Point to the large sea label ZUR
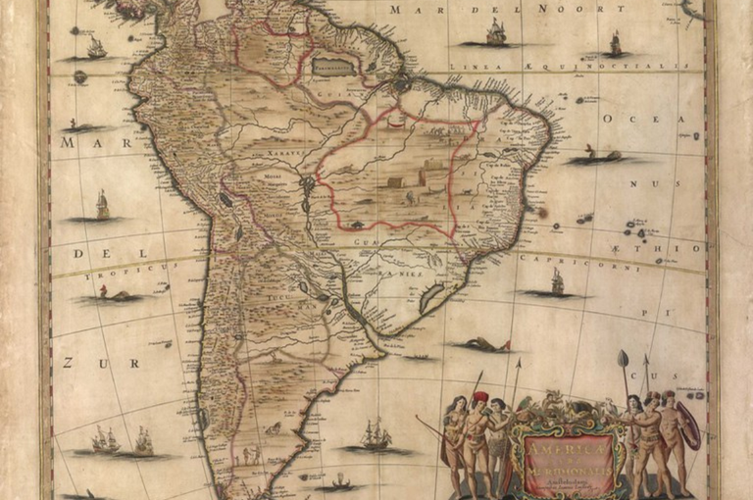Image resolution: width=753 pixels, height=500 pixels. (80, 362)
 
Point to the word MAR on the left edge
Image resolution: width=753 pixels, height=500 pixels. (80, 142)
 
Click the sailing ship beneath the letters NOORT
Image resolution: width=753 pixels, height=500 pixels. (496, 32)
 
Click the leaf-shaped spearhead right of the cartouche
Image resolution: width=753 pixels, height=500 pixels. (622, 359)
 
